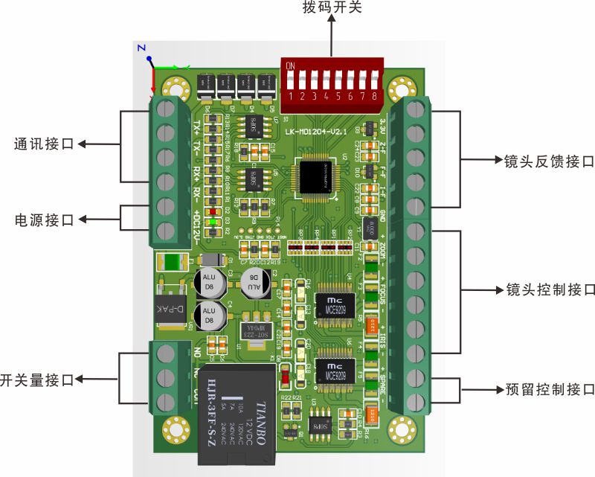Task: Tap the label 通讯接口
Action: [45, 144]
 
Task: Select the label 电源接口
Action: [45, 220]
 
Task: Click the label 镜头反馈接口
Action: [549, 160]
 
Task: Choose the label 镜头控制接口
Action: [550, 289]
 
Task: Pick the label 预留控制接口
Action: [550, 388]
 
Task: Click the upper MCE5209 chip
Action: [332, 304]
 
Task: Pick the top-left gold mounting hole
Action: [176, 86]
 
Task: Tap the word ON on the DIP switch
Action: [290, 65]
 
